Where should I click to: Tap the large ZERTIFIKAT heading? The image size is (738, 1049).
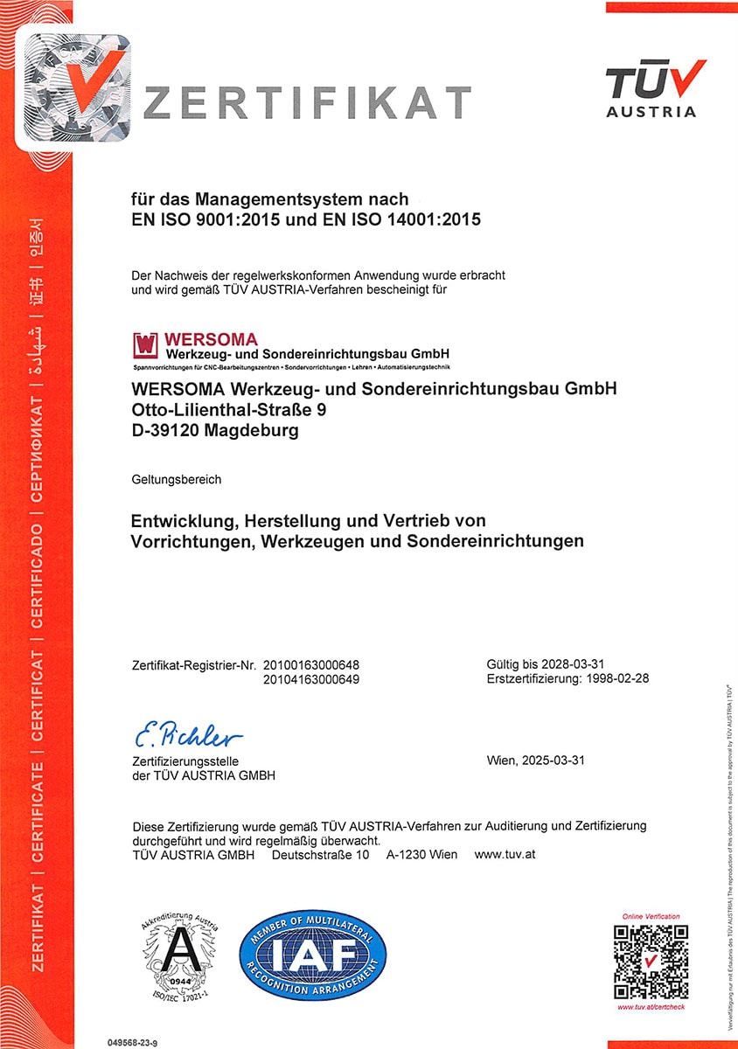click(x=306, y=102)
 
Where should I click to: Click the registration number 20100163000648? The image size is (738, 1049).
click(x=311, y=664)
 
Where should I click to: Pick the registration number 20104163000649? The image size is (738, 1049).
click(x=311, y=679)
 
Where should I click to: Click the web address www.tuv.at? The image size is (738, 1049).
click(x=505, y=854)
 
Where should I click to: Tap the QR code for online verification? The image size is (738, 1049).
click(x=651, y=962)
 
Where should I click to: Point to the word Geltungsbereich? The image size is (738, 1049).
click(x=177, y=480)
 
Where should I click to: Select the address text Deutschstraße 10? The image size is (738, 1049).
click(x=320, y=854)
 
